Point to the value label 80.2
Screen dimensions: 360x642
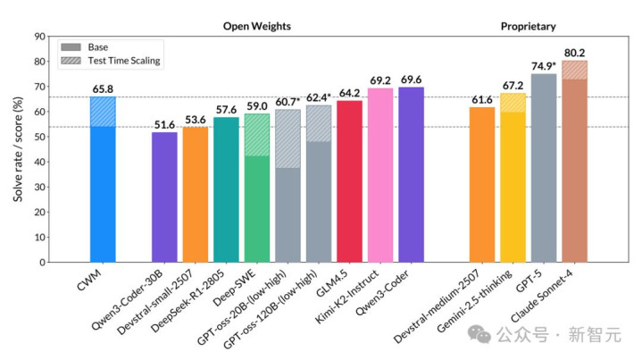(574, 52)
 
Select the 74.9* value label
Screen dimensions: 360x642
(544, 66)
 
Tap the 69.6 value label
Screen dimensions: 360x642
(412, 80)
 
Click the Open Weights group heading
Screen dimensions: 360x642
(257, 26)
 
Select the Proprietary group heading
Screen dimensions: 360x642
(528, 26)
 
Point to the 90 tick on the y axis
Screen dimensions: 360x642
(38, 37)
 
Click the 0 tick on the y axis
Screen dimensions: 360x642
(41, 263)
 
